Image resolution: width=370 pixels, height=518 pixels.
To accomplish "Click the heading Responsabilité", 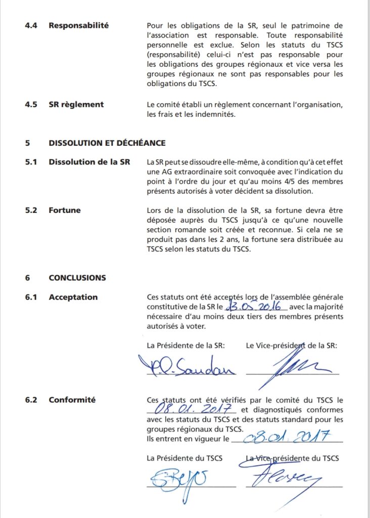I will coord(78,25).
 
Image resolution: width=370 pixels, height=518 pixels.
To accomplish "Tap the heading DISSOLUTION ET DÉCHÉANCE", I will coord(107,143).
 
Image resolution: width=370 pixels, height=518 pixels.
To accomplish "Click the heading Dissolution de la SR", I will coord(89,162).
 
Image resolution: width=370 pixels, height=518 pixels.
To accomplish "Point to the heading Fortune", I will coord(64,210).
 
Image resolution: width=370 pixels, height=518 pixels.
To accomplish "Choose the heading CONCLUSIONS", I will coord(77,278).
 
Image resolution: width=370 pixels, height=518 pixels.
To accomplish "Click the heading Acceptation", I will coord(73,297).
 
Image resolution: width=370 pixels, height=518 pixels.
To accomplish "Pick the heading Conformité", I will coord(72,400).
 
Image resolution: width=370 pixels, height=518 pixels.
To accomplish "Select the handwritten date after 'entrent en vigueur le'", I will coord(285,436).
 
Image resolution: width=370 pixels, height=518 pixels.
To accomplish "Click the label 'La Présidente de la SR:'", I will coord(186,346).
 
